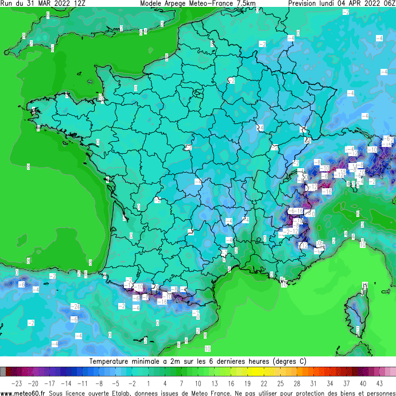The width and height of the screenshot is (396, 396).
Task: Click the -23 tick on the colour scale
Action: pos(17,383)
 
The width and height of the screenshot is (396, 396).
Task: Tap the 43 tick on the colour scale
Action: pos(379,383)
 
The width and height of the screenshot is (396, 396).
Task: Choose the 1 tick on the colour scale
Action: pos(149,383)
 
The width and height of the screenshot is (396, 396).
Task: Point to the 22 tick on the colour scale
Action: pos(264,383)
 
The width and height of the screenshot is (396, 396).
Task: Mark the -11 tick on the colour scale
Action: pos(83,383)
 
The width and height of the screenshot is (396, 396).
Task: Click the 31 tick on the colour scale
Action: pos(313,383)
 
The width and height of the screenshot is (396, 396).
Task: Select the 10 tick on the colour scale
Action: pos(198,383)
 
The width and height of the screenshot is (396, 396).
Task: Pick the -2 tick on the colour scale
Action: pos(132,383)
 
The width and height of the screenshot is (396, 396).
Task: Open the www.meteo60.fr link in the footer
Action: pos(23,393)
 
